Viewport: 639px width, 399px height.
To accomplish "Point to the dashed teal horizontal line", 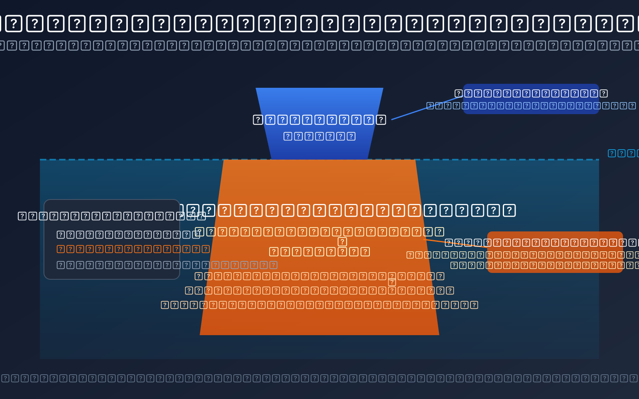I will [x=120, y=160].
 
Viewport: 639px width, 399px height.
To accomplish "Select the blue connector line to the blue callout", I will [x=423, y=109].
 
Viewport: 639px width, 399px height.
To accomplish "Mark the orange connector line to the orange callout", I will [x=455, y=243].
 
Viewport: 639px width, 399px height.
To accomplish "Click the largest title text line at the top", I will [x=319, y=24].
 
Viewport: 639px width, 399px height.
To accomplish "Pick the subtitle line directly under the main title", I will [x=319, y=45].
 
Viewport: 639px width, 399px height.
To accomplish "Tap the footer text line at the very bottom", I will [x=319, y=378].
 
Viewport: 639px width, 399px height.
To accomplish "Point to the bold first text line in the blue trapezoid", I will [x=319, y=120].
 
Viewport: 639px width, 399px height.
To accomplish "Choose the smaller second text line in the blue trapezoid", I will [x=319, y=136].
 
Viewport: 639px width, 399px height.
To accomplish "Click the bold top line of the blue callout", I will [x=531, y=93].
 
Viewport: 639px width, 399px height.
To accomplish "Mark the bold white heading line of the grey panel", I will [x=112, y=216].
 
